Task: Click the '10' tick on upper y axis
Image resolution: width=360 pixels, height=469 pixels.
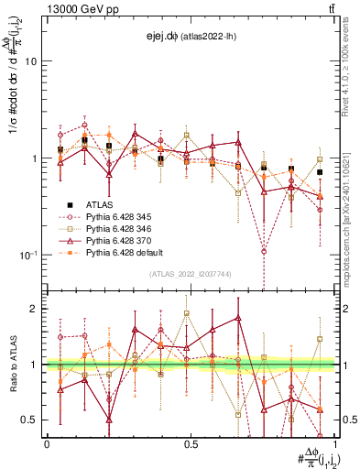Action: click(x=29, y=61)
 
